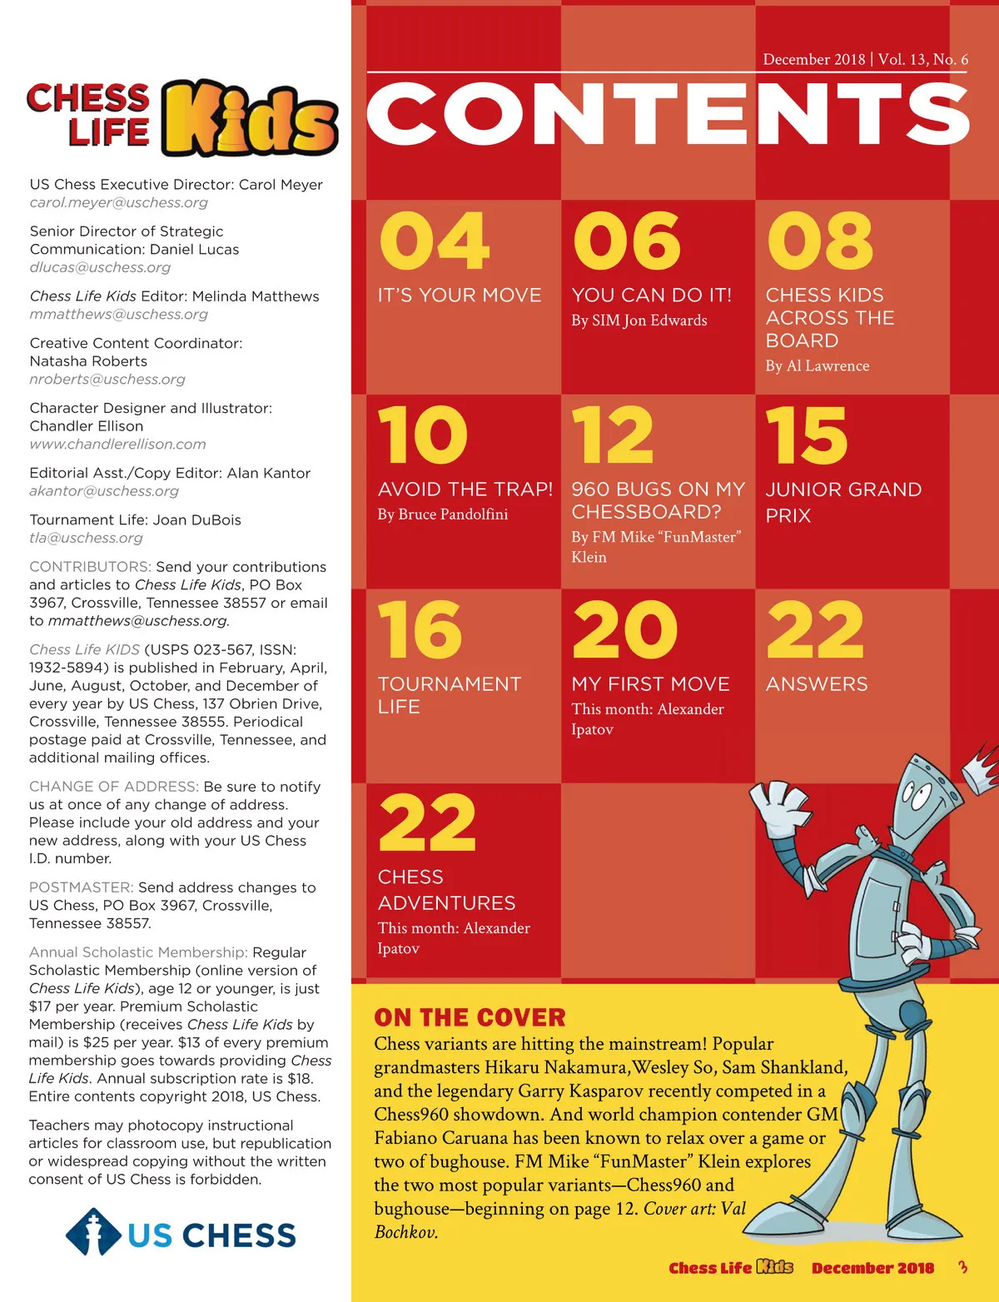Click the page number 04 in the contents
(x=434, y=241)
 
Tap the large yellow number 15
(x=806, y=435)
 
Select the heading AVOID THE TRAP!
(x=465, y=489)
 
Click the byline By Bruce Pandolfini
(x=442, y=514)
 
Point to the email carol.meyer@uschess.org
(x=119, y=202)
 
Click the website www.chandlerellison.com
(x=117, y=445)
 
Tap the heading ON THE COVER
(x=470, y=1017)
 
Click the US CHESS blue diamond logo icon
(x=92, y=1233)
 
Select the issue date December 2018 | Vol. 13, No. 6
(x=865, y=59)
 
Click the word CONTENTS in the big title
(x=668, y=114)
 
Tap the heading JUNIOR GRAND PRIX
(x=842, y=502)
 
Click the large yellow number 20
(x=624, y=630)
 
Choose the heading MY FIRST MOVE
(x=650, y=684)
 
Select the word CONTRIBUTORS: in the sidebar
(x=90, y=567)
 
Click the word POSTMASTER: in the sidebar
(x=81, y=887)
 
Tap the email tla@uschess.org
(x=86, y=538)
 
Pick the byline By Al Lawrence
(x=817, y=365)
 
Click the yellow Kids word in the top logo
(x=250, y=119)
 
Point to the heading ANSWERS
(x=816, y=684)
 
